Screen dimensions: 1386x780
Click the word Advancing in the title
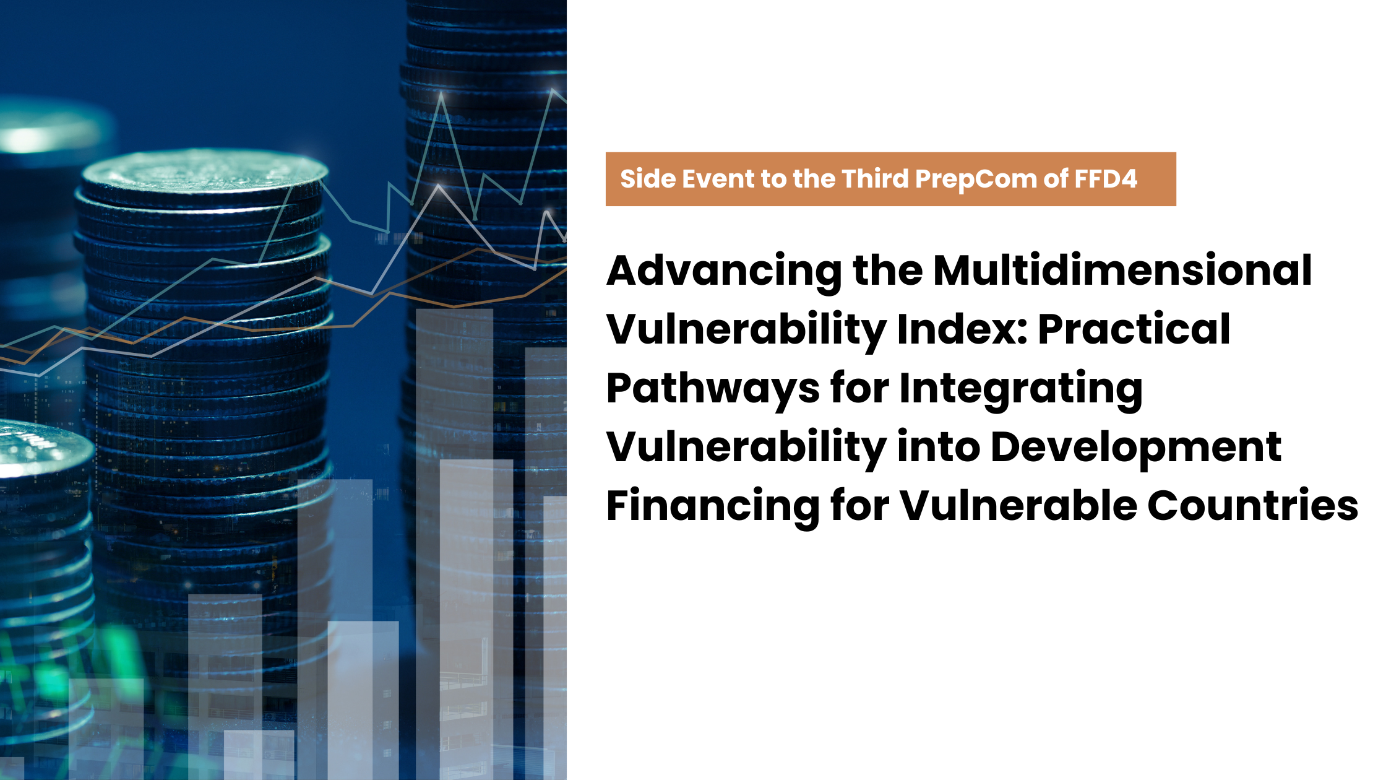point(725,272)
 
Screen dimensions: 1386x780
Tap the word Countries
point(1253,505)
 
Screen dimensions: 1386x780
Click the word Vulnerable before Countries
point(1018,505)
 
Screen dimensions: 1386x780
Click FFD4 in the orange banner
point(1106,179)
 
